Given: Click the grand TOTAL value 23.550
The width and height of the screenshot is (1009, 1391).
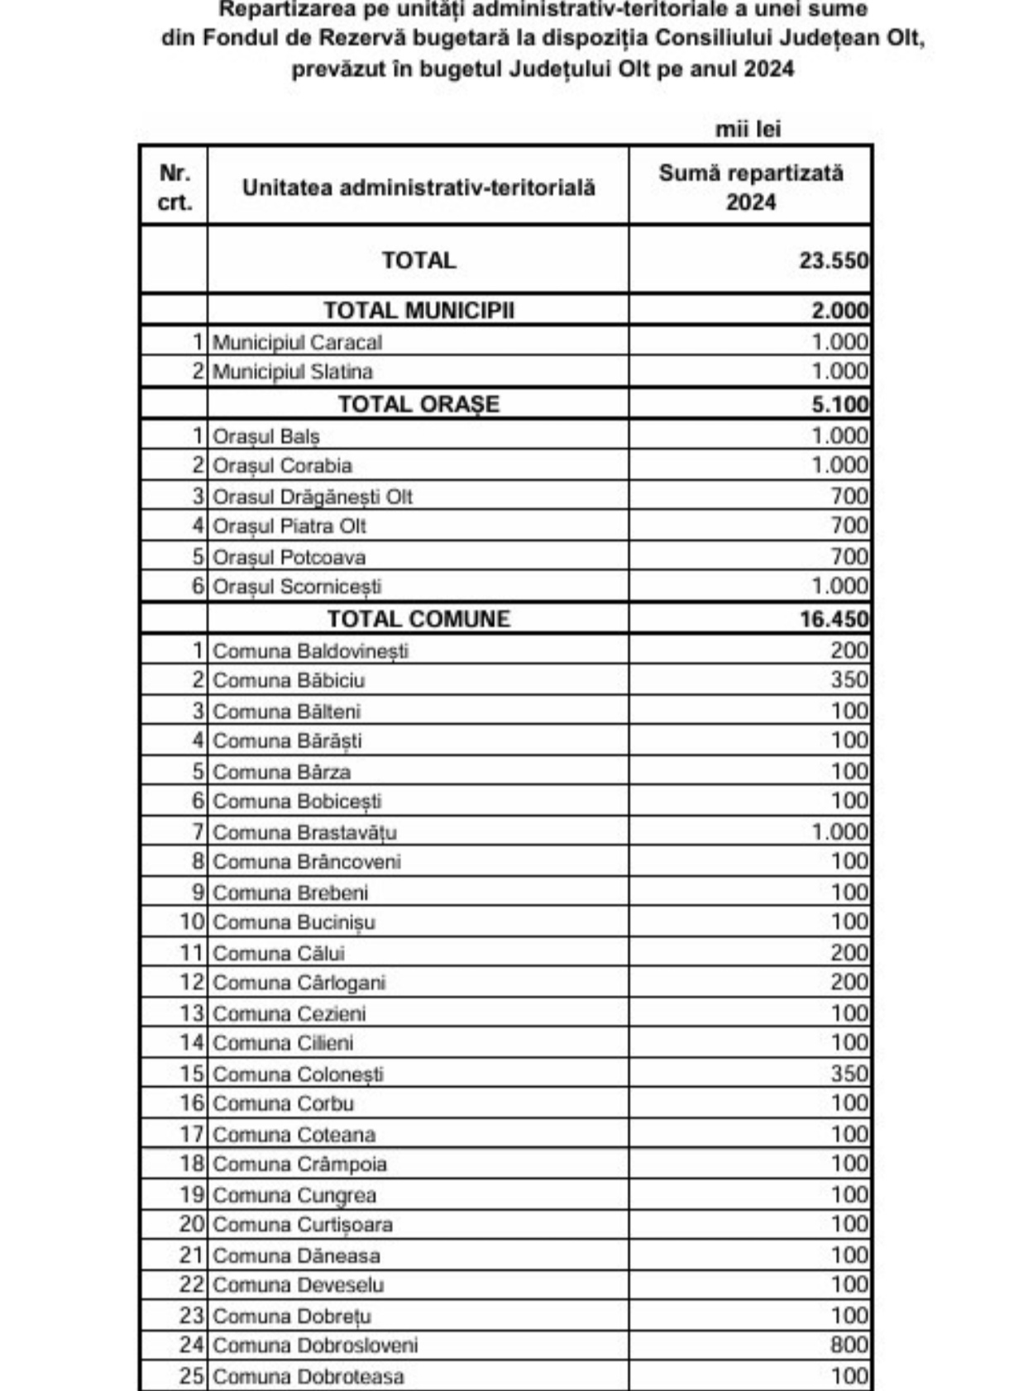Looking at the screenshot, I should [833, 260].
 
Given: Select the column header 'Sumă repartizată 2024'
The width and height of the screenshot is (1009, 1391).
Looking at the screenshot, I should [750, 188].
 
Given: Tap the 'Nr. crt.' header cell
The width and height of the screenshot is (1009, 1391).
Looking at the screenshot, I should [174, 188].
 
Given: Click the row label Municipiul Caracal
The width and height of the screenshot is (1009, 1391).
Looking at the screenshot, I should [297, 342].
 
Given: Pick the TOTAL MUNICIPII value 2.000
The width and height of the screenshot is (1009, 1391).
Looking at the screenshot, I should [839, 311].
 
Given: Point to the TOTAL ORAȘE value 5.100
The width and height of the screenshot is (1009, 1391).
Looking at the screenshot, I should [839, 404].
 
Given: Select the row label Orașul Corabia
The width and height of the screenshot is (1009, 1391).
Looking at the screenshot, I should [282, 466].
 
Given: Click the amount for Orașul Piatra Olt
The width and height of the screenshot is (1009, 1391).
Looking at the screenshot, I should [849, 526].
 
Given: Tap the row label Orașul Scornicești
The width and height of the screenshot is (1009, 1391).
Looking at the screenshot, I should [297, 587].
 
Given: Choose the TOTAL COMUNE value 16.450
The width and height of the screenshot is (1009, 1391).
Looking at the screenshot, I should [834, 619].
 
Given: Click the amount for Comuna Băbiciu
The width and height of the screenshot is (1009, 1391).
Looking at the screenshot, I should [849, 680].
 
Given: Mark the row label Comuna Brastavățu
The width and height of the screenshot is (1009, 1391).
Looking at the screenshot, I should [304, 832].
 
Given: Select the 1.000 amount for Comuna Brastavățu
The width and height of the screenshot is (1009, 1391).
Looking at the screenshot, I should [839, 832].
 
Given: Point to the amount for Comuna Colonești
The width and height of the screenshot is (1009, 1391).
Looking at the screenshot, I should [849, 1074].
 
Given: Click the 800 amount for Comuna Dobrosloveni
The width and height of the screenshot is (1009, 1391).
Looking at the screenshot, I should [849, 1346].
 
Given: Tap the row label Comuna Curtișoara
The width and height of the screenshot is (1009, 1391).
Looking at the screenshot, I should [302, 1225].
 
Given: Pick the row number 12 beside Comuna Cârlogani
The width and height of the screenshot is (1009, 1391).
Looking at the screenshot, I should [191, 983].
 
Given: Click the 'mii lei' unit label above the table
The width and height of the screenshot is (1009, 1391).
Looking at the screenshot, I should [748, 129].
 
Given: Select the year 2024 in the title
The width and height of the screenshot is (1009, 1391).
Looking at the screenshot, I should [768, 69].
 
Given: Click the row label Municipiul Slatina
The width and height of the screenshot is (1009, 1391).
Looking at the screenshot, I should [292, 372].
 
